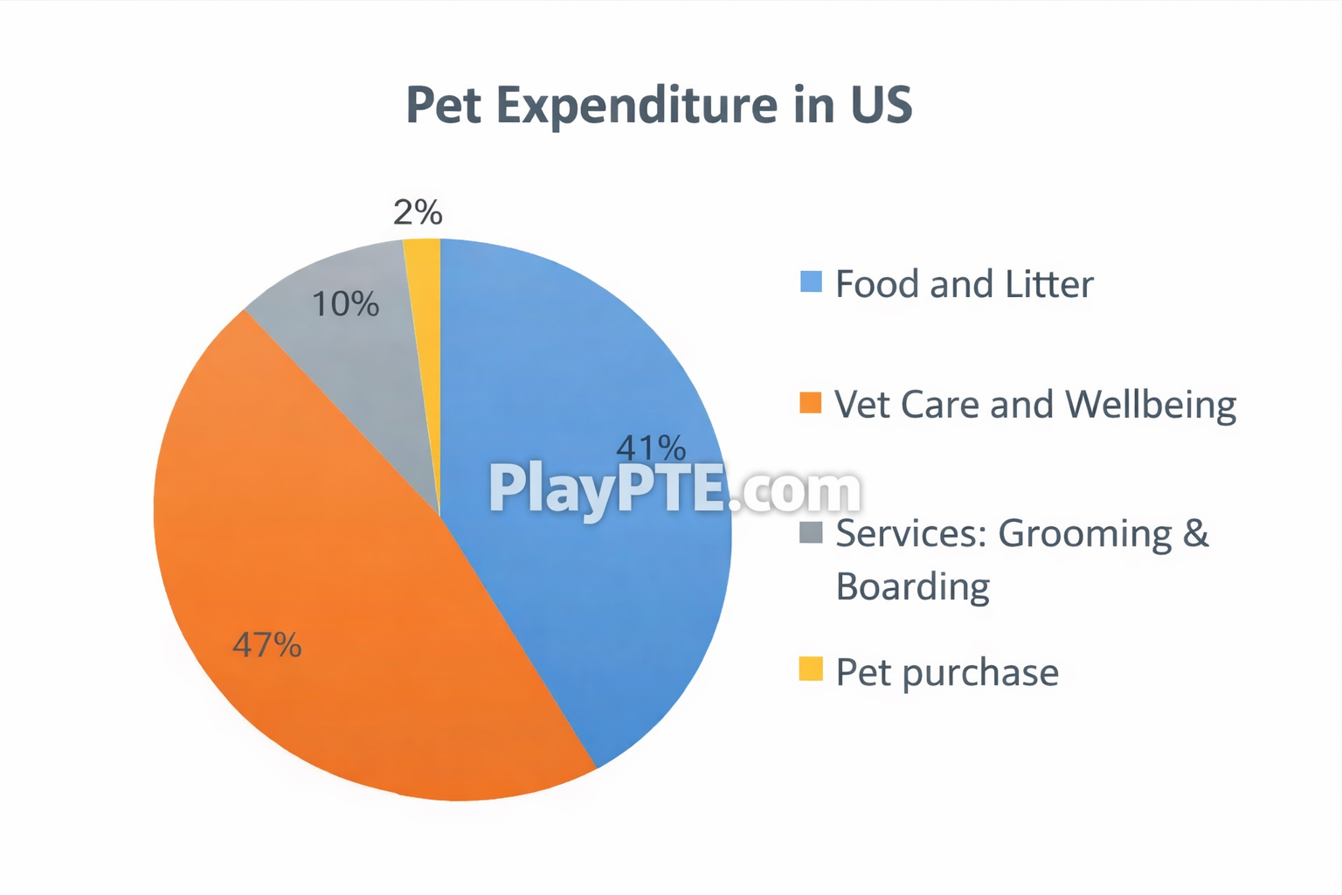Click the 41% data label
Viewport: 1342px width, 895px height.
[x=651, y=448]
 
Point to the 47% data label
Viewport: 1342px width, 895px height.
[x=266, y=645]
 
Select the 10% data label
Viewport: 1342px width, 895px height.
[x=345, y=304]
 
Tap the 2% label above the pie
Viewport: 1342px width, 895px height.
[x=418, y=212]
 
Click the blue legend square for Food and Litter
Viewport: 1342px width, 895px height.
[x=811, y=281]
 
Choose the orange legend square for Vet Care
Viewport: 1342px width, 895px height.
[x=811, y=402]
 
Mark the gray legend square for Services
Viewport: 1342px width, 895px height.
[x=811, y=531]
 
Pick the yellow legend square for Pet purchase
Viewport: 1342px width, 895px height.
[x=811, y=669]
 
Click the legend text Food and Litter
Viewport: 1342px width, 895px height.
[x=964, y=284]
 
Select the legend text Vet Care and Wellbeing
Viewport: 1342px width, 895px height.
[x=1035, y=405]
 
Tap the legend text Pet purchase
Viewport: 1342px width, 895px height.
[x=947, y=672]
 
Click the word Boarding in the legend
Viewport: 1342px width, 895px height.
[x=912, y=586]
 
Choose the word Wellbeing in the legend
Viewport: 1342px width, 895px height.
[x=1151, y=405]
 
